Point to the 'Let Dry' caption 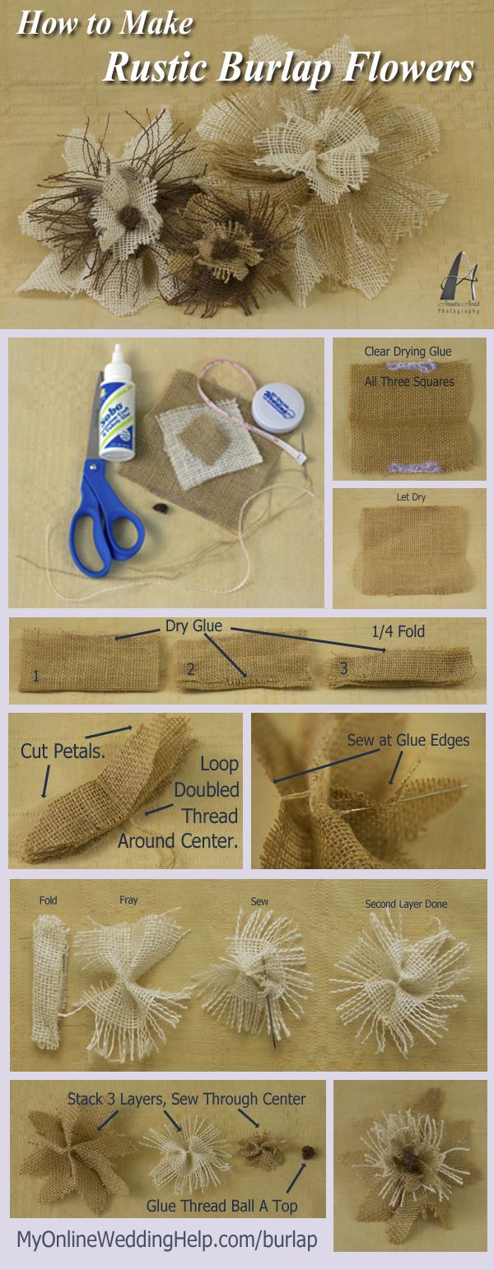[x=409, y=498]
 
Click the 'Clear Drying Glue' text [x=408, y=351]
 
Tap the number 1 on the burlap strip [x=35, y=677]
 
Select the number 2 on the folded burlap [x=190, y=669]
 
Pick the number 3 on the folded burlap [x=344, y=669]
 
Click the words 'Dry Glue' [x=193, y=626]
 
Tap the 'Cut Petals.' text [x=51, y=750]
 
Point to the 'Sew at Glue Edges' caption [x=408, y=740]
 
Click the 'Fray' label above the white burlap [x=128, y=900]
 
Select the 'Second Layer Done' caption [x=406, y=904]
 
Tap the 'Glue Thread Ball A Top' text [x=221, y=1206]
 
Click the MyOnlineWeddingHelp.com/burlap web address [x=166, y=1240]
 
